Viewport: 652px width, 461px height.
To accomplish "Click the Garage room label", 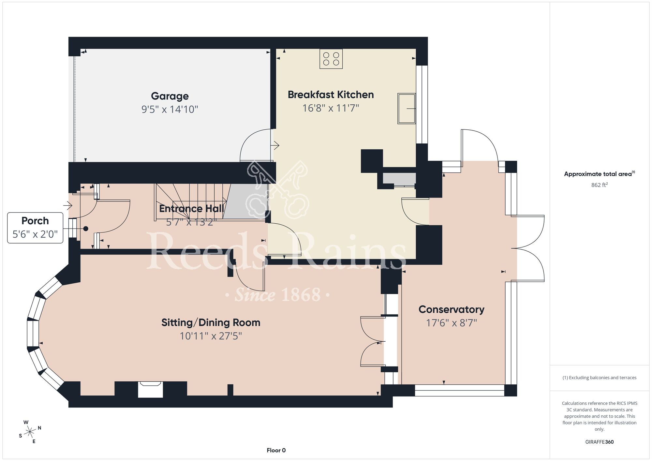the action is (170, 96).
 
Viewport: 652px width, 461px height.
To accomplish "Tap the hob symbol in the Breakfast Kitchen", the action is (331, 59).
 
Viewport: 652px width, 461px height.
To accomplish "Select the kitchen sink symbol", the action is (407, 109).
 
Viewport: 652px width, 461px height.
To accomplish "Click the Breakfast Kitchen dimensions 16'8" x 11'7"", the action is (331, 108).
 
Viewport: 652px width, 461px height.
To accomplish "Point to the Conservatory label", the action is (451, 309).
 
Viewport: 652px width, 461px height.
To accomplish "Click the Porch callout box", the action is (35, 228).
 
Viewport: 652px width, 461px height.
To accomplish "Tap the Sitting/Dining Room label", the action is (211, 322).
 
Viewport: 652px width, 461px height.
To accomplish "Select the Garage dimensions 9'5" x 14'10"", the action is (170, 109).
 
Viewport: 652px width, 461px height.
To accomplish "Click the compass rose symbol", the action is (30, 432).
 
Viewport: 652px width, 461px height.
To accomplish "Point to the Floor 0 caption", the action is (276, 450).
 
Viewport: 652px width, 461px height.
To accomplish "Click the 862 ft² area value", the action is (600, 185).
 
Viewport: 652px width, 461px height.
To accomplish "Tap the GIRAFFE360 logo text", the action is (600, 442).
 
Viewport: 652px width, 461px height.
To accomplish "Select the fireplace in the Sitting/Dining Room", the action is (150, 389).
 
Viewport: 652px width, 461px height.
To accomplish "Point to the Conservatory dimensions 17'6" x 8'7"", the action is (452, 323).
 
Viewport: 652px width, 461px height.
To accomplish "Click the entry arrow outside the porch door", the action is (67, 205).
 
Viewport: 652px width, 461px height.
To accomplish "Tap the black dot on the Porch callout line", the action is (86, 229).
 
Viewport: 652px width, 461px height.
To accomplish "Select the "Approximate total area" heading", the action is (600, 174).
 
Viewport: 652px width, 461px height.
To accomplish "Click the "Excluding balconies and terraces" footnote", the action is (600, 378).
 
